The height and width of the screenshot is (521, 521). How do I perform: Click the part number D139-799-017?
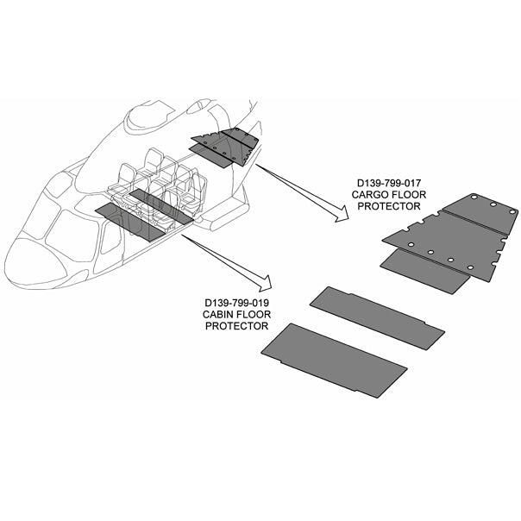tap(389, 183)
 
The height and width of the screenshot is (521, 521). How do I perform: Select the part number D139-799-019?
tap(236, 303)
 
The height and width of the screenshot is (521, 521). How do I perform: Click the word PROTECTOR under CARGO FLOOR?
tap(389, 206)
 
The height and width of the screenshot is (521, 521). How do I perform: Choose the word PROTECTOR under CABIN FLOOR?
tap(236, 326)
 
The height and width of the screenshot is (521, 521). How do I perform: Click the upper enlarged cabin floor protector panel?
tap(377, 318)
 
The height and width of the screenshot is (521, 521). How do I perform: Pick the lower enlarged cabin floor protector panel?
tap(334, 361)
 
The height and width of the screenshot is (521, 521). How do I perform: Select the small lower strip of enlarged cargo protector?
tap(425, 272)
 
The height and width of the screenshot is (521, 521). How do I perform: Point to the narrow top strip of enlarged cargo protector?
tap(481, 214)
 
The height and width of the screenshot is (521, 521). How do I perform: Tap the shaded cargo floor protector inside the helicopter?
tap(225, 147)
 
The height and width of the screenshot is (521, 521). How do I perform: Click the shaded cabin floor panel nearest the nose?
tap(130, 222)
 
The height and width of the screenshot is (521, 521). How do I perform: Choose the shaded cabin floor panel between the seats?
tap(161, 206)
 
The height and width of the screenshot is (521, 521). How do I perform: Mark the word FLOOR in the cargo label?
tap(410, 194)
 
